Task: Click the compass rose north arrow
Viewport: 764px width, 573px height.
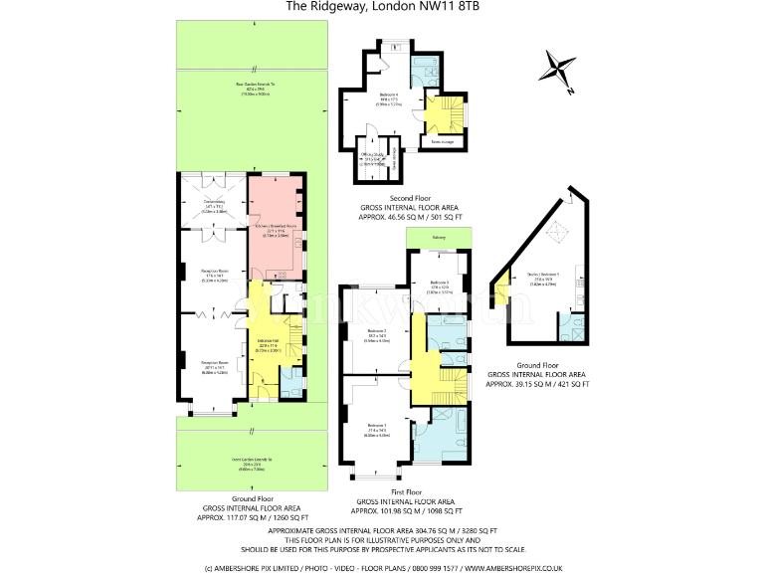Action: (x=558, y=69)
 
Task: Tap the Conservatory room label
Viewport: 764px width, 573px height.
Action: (x=215, y=208)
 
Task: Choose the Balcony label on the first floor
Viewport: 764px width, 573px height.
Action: (x=439, y=238)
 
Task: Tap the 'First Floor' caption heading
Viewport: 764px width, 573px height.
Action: (x=405, y=490)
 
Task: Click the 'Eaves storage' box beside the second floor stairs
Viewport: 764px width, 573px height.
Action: (x=442, y=142)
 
